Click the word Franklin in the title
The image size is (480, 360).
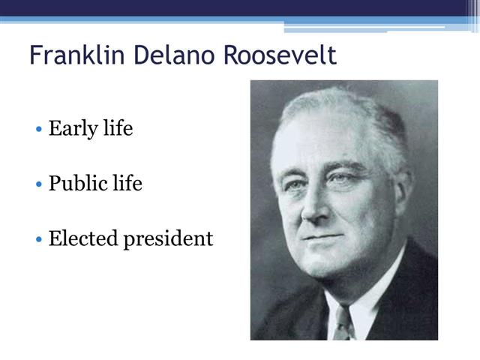[x=77, y=55]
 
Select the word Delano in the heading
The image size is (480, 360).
[x=173, y=55]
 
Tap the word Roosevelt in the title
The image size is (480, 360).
[x=280, y=55]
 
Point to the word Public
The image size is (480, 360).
[x=78, y=183]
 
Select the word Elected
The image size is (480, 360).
[x=83, y=238]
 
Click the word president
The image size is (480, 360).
[x=168, y=239]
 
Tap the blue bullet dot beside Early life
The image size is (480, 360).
[x=39, y=129]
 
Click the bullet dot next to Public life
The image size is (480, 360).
[x=39, y=184]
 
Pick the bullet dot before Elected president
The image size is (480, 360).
[x=39, y=238]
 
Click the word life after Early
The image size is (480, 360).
[x=118, y=128]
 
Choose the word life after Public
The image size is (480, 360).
[x=127, y=183]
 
